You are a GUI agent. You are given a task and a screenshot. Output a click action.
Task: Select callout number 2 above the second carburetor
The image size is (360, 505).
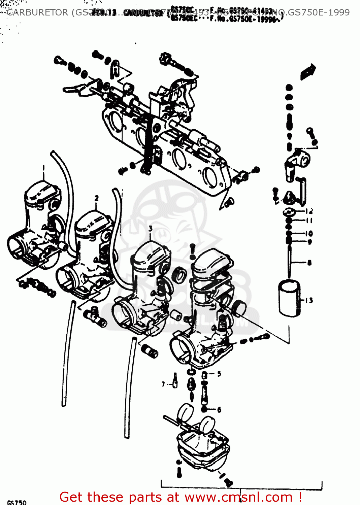point(97,198)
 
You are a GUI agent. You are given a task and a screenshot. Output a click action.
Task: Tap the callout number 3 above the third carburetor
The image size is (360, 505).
point(151,229)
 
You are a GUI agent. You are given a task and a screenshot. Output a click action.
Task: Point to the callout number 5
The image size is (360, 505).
point(219,374)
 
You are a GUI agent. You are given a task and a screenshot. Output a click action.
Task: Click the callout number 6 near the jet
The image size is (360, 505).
point(219,410)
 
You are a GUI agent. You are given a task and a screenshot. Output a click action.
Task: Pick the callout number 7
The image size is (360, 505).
point(163,384)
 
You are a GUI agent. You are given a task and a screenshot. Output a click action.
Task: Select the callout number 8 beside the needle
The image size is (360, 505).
point(309,263)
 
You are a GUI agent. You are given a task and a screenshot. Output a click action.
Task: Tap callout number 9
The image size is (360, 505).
point(309,241)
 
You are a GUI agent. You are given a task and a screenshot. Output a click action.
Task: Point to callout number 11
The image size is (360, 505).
point(309,221)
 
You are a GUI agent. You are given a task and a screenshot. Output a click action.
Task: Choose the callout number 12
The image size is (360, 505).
point(309,211)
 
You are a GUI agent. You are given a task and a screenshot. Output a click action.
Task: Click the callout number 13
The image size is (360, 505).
point(309,300)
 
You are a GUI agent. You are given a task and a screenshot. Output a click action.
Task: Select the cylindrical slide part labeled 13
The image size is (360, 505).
point(289,298)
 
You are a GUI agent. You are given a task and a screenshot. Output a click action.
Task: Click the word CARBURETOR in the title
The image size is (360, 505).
point(37,13)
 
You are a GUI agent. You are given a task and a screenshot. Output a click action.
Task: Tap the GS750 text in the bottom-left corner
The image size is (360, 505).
point(17,502)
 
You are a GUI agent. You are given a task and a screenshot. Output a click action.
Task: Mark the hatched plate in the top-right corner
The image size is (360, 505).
point(308,72)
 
